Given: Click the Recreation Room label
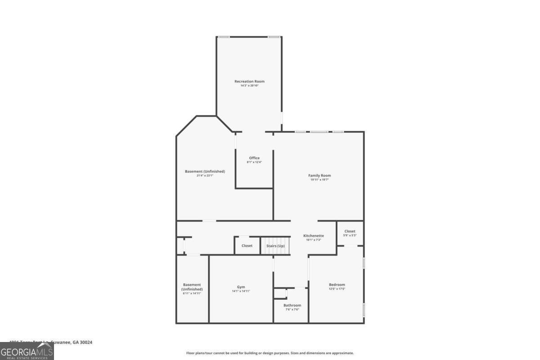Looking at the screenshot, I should coord(249,81).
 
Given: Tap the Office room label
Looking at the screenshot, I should coord(254,158).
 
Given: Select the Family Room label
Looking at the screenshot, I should coord(319,175).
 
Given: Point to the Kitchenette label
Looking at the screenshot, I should coord(313,236).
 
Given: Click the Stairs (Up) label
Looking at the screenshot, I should coord(275,246).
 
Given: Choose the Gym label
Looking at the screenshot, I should coord(241,287).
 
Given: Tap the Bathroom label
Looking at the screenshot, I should coord(292,306).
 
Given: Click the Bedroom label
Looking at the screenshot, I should coord(337,285).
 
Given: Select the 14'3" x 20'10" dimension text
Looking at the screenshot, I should coord(249,85).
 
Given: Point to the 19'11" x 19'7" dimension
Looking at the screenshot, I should coord(319,180).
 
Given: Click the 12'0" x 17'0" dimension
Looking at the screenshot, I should coord(337,289).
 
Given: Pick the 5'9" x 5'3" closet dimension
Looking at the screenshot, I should coord(350,235).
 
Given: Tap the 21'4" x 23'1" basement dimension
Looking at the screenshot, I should coord(205,175).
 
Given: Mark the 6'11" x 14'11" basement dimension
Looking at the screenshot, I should coord(192,293).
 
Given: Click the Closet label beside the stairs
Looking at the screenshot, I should coord(247,246).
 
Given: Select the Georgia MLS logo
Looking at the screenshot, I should coord(27,351).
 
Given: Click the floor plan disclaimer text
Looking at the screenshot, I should coord(270,353).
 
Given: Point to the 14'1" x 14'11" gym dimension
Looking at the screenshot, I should coord(241,291).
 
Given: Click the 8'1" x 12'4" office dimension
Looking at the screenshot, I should coord(254,162).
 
